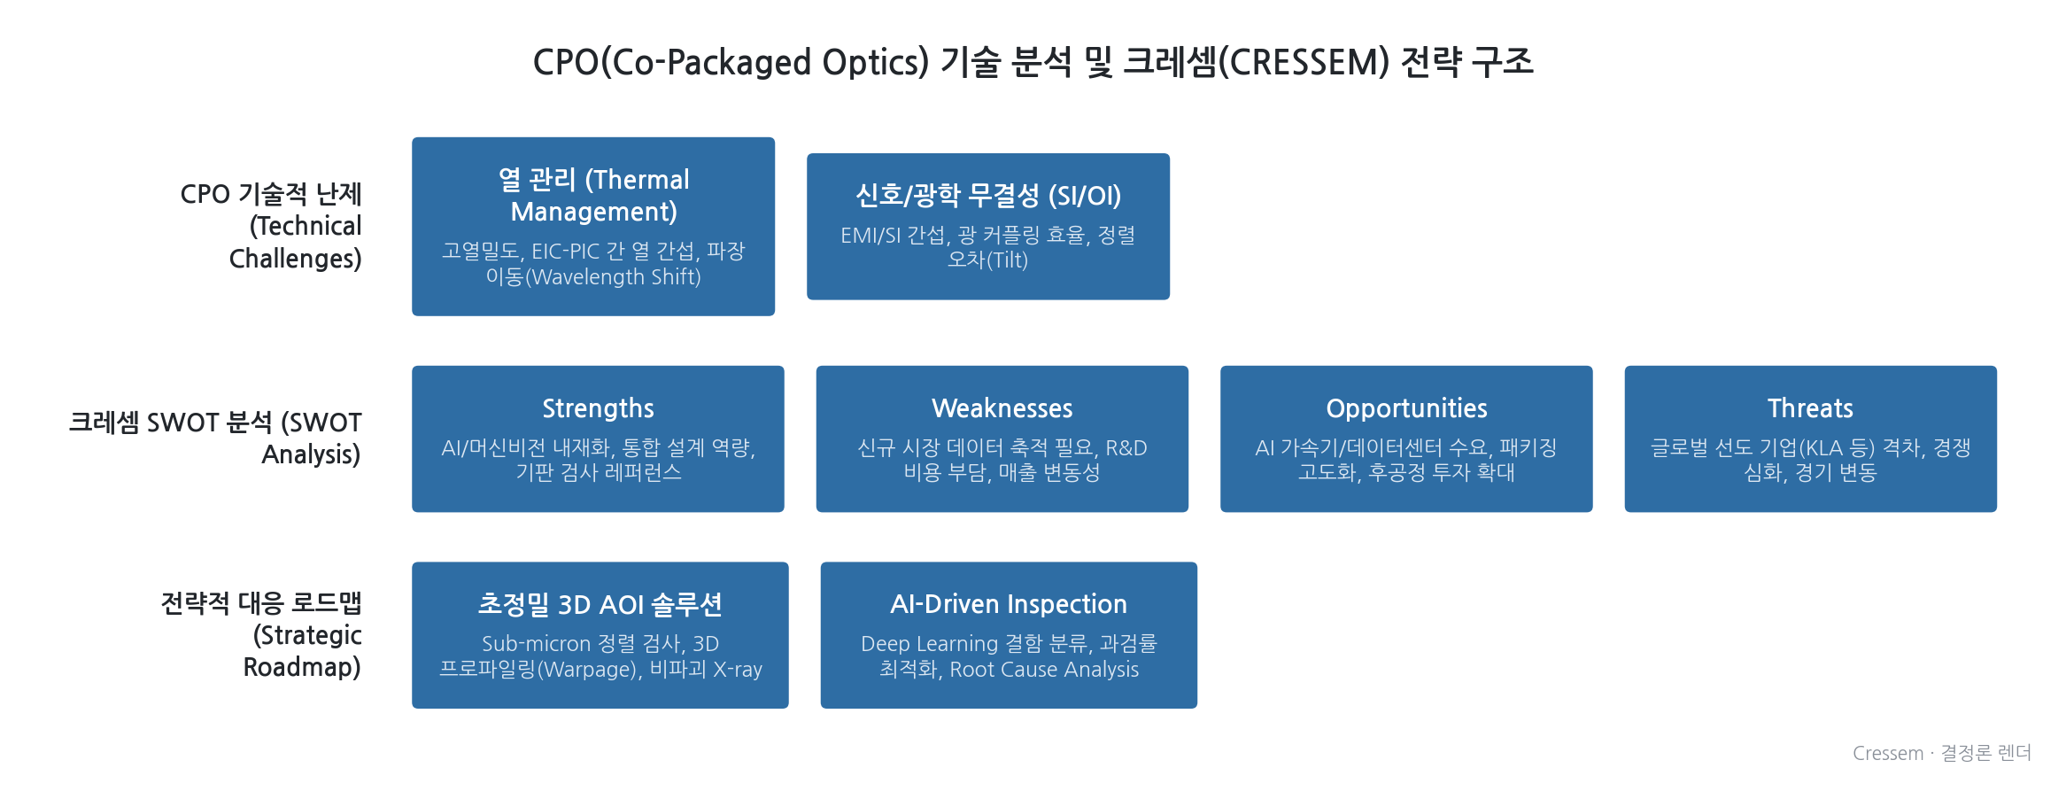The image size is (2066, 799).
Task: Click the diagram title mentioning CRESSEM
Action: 1033,62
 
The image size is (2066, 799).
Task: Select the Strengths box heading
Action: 598,408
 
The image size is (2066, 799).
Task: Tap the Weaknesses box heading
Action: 1002,408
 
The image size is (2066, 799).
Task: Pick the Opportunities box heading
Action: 1406,408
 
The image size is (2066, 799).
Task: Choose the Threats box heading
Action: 1810,408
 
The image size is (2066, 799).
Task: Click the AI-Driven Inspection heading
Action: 1009,604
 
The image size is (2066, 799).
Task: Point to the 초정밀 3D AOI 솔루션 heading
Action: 600,604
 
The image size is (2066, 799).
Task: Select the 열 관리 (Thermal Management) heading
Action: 593,196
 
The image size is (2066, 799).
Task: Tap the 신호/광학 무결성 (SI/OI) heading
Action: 988,196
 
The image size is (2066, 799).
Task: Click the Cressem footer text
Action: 1941,753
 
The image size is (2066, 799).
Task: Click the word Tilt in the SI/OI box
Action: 1008,260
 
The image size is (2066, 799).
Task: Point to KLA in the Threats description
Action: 1824,448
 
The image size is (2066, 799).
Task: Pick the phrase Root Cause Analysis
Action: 1044,670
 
